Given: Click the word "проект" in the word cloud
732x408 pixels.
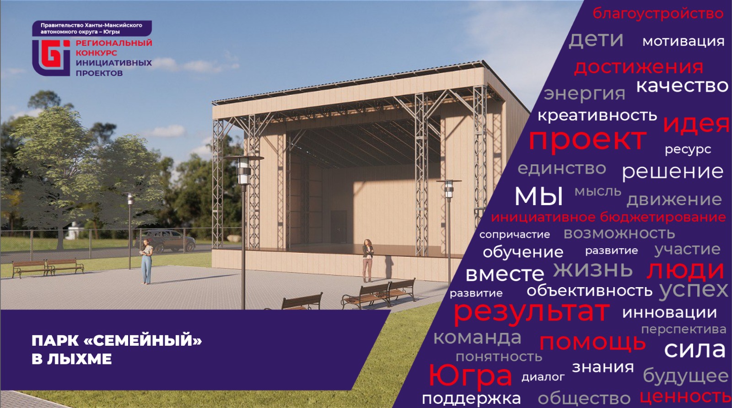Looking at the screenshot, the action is coord(587,140).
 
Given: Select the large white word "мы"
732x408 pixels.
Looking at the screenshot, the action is coord(539,196).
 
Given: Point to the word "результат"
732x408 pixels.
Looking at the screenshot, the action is coord(531,312).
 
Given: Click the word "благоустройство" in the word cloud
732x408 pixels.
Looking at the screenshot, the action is coord(658,14).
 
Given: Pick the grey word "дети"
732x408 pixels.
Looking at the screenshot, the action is coord(596,40).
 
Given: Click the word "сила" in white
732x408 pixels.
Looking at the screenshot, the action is coord(695,349).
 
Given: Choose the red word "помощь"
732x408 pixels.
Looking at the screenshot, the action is coord(592,343).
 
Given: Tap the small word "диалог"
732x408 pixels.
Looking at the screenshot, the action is coord(543,377).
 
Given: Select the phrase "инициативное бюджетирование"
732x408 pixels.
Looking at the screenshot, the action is coord(608,217).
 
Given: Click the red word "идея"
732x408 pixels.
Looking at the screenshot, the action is coord(696,125).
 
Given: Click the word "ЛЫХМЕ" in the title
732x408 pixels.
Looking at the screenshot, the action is coord(80,359).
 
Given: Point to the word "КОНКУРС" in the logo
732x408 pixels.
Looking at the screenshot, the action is coord(97,53).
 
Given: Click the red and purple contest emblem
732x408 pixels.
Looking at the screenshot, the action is coord(51,58).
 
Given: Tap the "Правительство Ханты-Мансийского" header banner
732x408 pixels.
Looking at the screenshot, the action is coord(92,28).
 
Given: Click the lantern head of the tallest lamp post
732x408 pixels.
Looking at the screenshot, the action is coord(244,170).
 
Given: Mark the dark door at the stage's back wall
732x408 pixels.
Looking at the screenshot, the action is coord(339,227).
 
